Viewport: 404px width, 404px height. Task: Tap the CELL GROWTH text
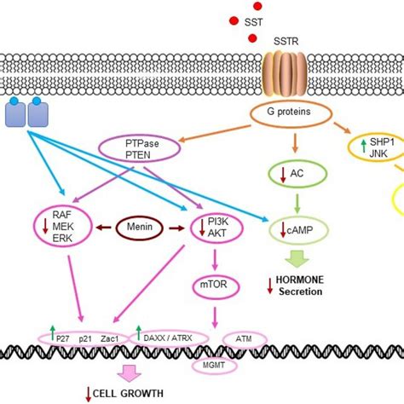coord(130,394)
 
